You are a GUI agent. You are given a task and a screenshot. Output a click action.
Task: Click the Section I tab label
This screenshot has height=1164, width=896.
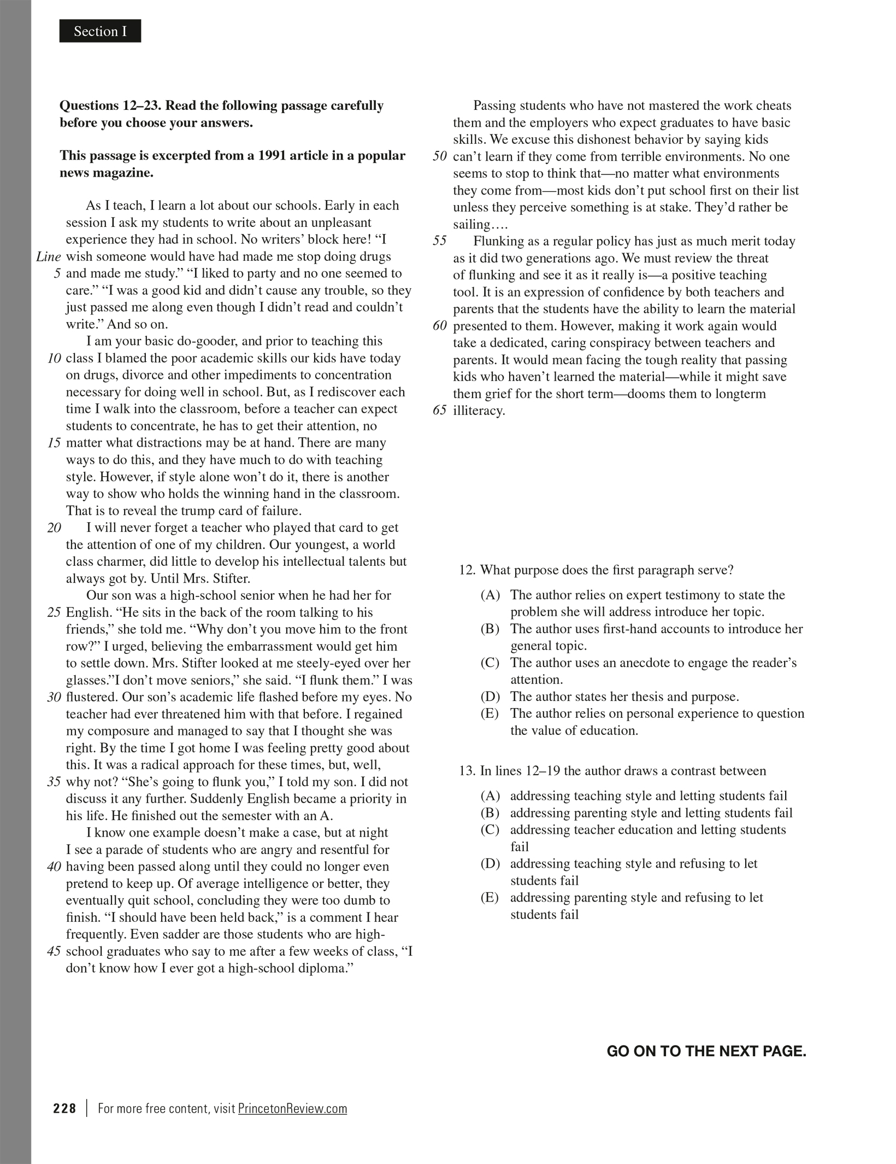click(x=100, y=31)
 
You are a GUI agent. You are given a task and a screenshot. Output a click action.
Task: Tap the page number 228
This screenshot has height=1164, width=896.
click(x=64, y=1108)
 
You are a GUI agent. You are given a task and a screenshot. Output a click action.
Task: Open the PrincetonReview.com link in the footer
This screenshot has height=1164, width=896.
click(x=292, y=1108)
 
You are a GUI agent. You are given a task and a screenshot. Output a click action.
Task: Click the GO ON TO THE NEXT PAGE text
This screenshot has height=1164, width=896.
click(x=706, y=1051)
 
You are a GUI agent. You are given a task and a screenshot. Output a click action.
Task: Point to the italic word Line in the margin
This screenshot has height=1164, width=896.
click(x=49, y=256)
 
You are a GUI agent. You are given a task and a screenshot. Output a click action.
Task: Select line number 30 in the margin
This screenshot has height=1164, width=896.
click(x=54, y=697)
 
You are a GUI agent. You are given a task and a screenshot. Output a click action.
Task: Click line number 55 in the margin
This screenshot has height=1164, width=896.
click(x=439, y=241)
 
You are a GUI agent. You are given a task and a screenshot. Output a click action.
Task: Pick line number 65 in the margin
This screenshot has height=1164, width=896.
click(x=439, y=411)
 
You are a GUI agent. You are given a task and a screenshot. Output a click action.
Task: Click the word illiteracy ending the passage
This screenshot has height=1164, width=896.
click(x=478, y=411)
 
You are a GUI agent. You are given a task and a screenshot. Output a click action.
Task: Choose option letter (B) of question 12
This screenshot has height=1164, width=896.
click(x=490, y=629)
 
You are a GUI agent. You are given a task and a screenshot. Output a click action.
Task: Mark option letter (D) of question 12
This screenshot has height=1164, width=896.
click(x=490, y=697)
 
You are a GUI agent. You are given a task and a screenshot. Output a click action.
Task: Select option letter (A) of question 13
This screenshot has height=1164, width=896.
click(x=490, y=796)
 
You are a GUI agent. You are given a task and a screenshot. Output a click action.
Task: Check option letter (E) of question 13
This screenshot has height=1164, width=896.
click(x=490, y=897)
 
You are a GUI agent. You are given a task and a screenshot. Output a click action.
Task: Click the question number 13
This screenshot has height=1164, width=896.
click(x=467, y=771)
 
